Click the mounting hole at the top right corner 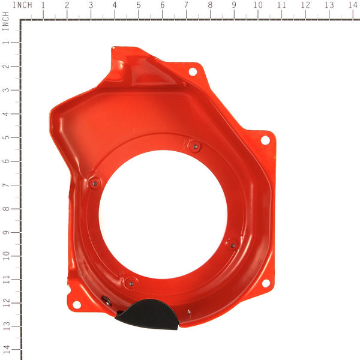[x=193, y=71]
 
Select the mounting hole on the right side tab [x=265, y=140]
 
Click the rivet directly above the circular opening [x=194, y=145]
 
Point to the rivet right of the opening [x=233, y=244]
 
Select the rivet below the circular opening [x=130, y=281]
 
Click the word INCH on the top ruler [x=22, y=5]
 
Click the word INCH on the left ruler [x=5, y=23]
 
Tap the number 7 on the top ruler [x=186, y=5]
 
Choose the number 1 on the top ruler [x=43, y=5]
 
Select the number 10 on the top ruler [x=257, y=5]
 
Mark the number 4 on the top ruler [x=115, y=5]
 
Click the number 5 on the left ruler [x=5, y=137]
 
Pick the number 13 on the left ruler [x=5, y=326]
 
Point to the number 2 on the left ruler [x=5, y=66]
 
